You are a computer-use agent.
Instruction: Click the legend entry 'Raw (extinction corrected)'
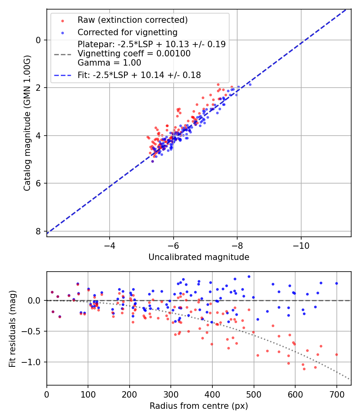coord(132,20)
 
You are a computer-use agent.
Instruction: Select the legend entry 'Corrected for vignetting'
coord(127,32)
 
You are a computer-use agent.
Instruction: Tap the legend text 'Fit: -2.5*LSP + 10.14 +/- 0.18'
coord(139,75)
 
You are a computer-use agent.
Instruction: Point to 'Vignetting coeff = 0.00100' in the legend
coord(134,54)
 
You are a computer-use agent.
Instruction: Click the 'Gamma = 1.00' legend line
coord(109,63)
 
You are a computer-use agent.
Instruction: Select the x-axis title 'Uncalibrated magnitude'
coord(199,257)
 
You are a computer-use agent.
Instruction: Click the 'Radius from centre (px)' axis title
coord(199,406)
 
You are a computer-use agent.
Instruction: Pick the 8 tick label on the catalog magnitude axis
coord(38,232)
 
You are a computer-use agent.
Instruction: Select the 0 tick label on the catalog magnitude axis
coord(38,40)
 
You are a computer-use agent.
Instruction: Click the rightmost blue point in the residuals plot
coord(336,283)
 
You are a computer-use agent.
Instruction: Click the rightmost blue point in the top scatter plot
coord(250,84)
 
